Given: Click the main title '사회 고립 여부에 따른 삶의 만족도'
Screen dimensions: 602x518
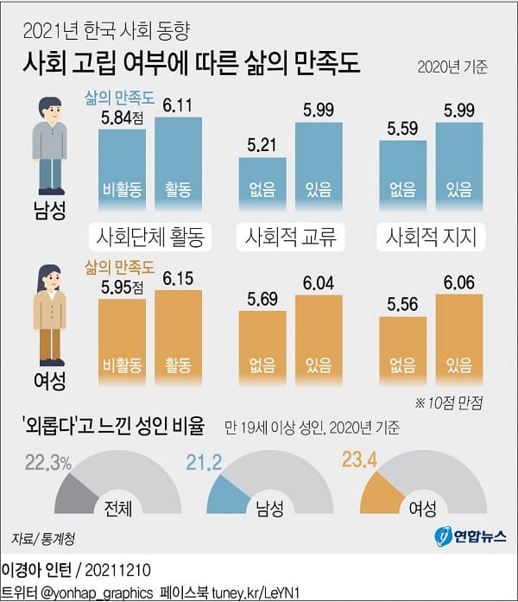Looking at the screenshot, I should [x=193, y=64].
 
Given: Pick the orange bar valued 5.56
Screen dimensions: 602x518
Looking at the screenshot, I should [x=402, y=347].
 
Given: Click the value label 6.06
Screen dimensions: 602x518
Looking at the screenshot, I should [x=458, y=282].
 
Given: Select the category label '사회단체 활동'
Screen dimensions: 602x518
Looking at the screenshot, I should [x=151, y=235].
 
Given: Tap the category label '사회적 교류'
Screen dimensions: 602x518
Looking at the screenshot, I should [x=290, y=235].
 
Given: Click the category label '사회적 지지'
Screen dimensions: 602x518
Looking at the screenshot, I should [x=430, y=235].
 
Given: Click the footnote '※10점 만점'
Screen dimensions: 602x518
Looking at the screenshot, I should [x=452, y=402].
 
